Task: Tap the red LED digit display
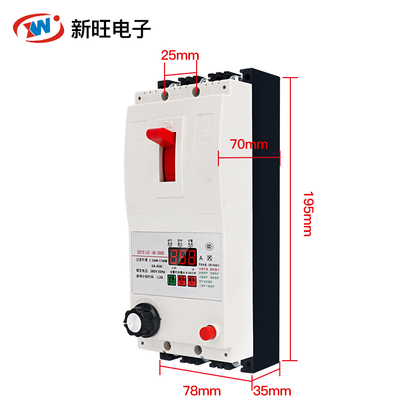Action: click(181, 257)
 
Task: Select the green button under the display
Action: click(170, 280)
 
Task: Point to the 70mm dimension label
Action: click(249, 144)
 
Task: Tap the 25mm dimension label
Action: click(176, 54)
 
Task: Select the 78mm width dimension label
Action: click(202, 391)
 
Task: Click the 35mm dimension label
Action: click(272, 391)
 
